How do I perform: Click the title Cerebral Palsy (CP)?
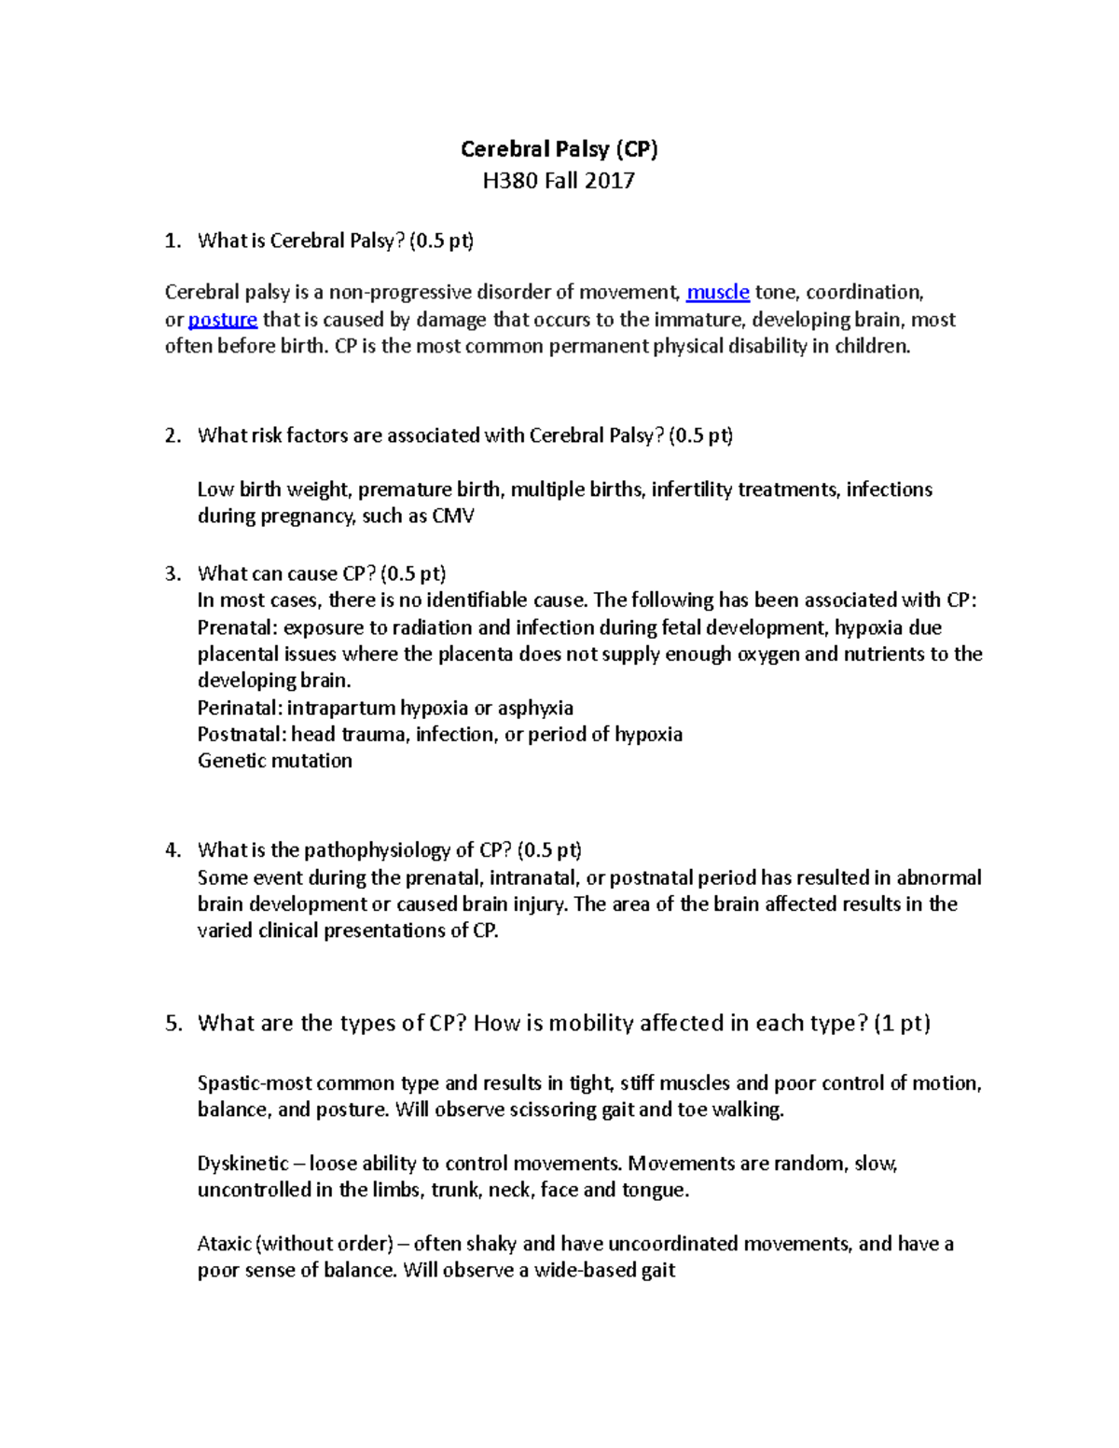tap(559, 149)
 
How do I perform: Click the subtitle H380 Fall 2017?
tap(559, 181)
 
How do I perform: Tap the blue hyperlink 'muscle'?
tap(717, 293)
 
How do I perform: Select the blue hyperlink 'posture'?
tap(222, 320)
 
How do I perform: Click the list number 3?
tap(172, 573)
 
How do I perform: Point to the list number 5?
tap(173, 1024)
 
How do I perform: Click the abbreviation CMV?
tap(453, 517)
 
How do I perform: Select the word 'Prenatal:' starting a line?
tap(238, 627)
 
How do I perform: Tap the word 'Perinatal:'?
tap(240, 708)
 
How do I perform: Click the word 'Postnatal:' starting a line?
tap(241, 735)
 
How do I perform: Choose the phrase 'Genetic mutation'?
tap(275, 761)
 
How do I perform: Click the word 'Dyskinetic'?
tap(242, 1164)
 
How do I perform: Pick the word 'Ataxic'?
tap(224, 1244)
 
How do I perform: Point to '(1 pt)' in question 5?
tap(902, 1024)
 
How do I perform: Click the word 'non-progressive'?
tap(400, 293)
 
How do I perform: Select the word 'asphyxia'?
tap(535, 708)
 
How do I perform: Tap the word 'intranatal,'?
tap(533, 877)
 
